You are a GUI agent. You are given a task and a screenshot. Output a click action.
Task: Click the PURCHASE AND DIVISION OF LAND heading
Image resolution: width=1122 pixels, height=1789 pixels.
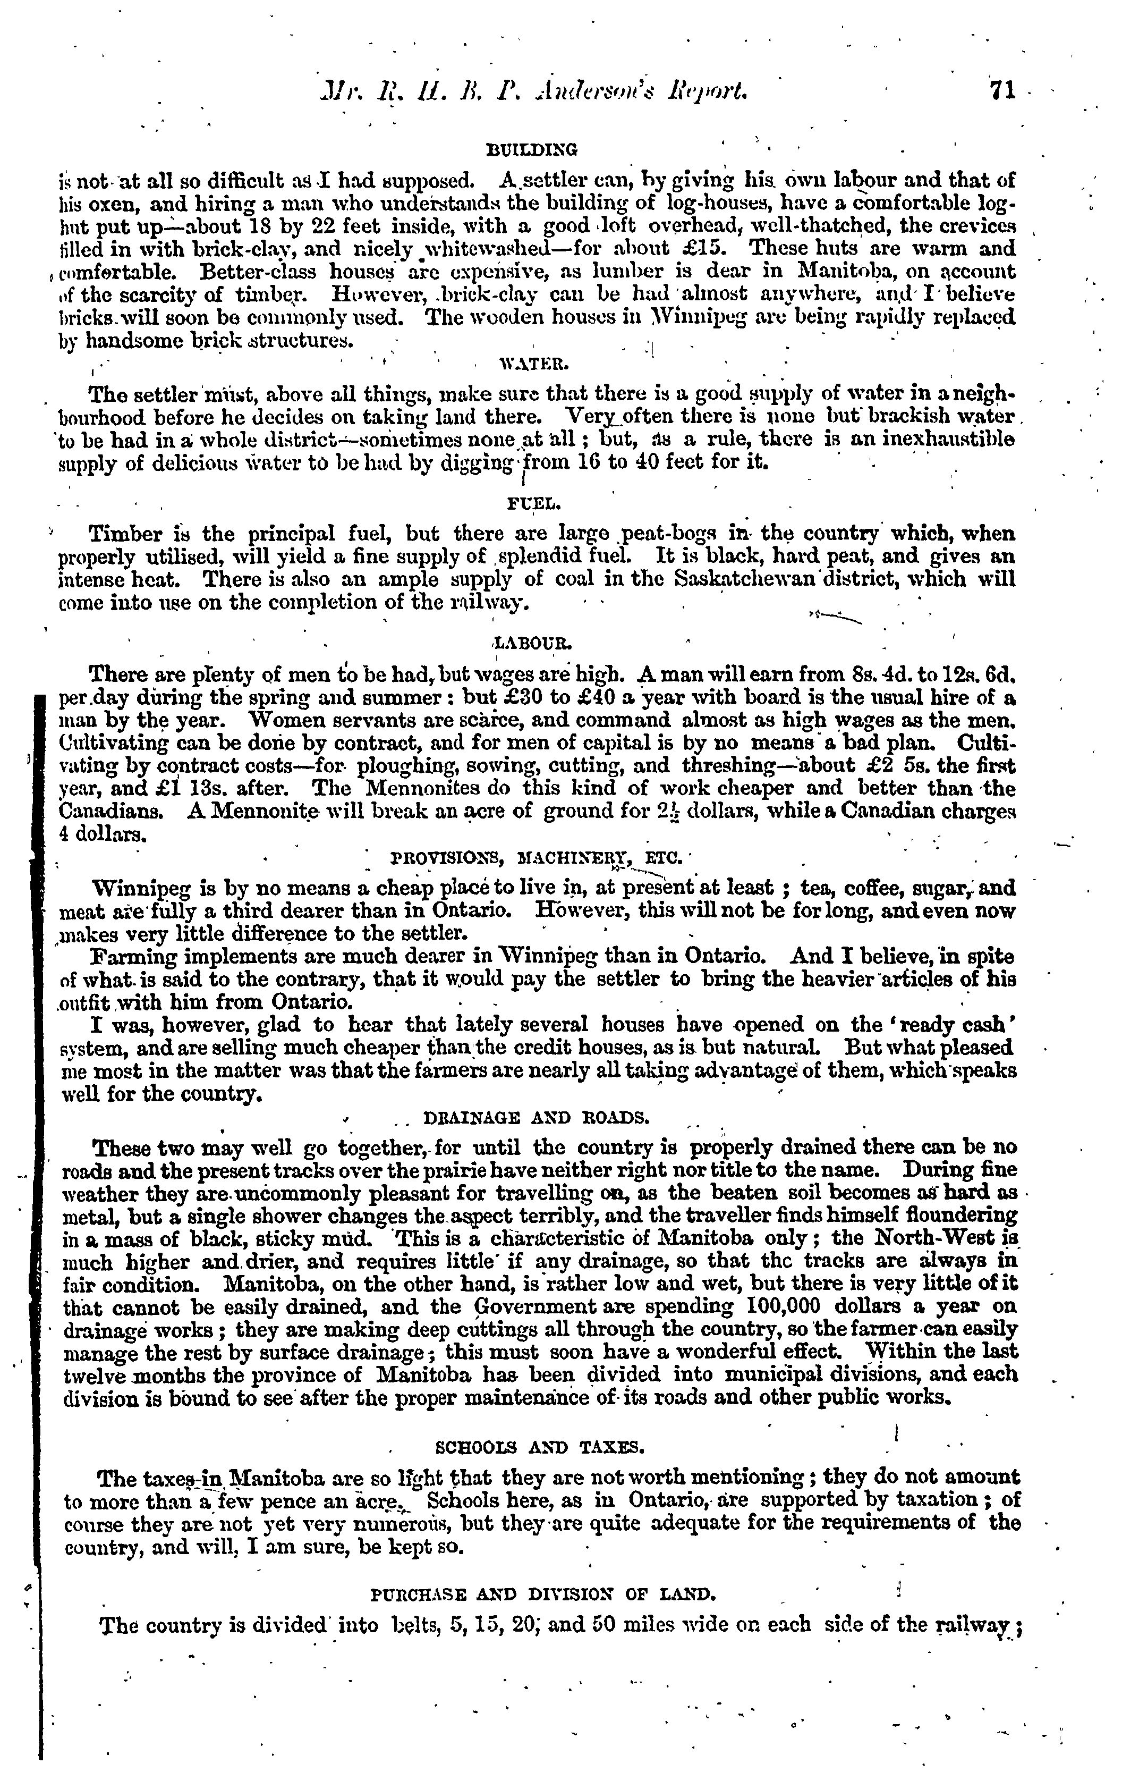point(542,1593)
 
